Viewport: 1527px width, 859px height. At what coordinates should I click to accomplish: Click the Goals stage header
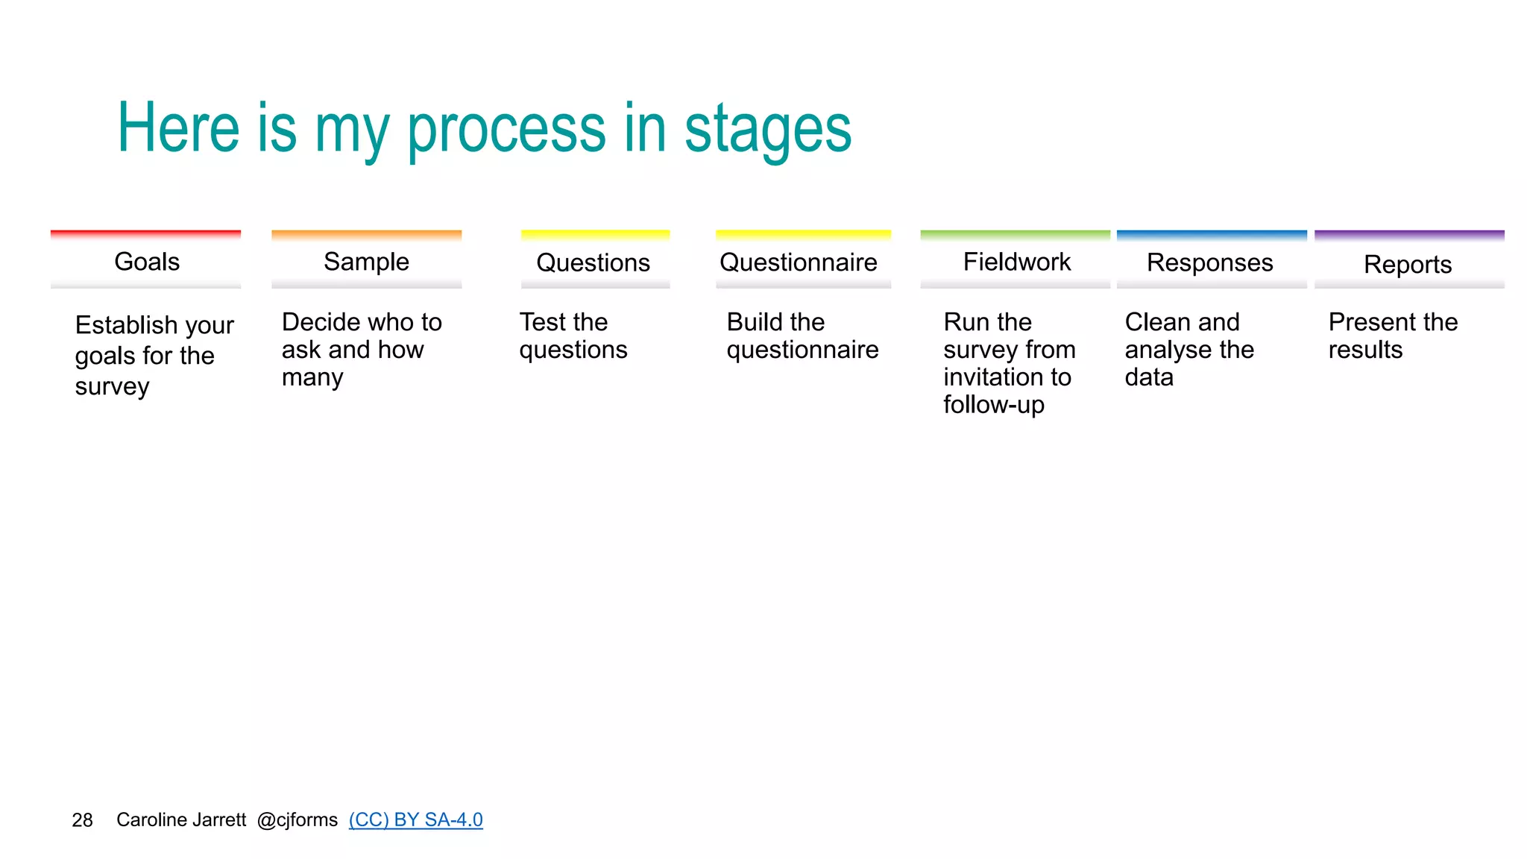[147, 262]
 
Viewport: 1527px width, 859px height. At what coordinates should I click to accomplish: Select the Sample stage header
[366, 262]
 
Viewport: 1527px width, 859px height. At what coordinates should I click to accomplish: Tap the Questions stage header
[594, 262]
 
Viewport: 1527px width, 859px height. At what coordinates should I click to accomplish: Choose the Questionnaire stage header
[799, 262]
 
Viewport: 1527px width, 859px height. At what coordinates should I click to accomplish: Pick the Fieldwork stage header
[1016, 262]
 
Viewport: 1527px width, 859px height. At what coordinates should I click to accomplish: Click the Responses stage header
[1209, 262]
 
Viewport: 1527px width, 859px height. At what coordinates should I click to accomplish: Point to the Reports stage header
[1408, 264]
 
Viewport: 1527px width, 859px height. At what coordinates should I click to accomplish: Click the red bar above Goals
[145, 234]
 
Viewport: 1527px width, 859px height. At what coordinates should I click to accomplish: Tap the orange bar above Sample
[366, 234]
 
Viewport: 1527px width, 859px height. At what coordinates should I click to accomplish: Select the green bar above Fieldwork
[1015, 234]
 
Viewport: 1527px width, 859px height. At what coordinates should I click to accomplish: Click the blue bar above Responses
[1212, 234]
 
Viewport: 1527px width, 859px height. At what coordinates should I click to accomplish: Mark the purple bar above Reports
[1409, 234]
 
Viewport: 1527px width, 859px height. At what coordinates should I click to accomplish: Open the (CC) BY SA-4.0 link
[415, 819]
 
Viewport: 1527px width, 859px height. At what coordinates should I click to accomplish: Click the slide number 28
[82, 820]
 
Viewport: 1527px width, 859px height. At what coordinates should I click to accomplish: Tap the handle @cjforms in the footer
[297, 820]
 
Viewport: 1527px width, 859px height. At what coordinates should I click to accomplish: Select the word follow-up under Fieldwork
[993, 405]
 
